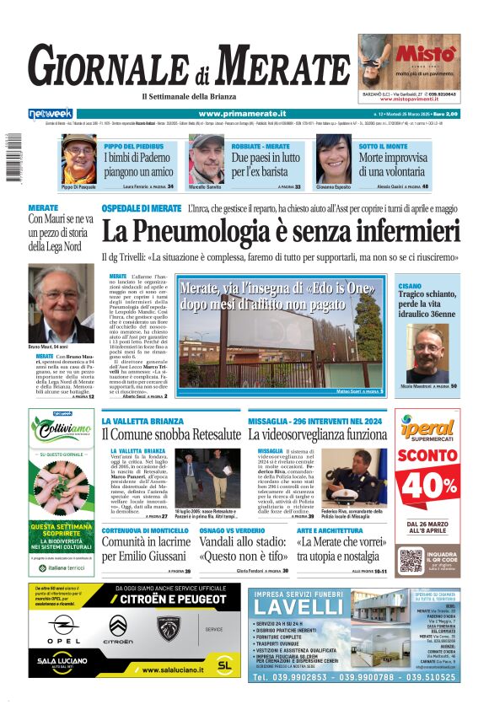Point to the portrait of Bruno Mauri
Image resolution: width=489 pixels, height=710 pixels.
(x=61, y=304)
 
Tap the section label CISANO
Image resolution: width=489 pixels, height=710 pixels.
(x=411, y=287)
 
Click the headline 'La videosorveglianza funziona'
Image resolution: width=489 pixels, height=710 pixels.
(x=317, y=434)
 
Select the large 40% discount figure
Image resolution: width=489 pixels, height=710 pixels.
(x=427, y=483)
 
